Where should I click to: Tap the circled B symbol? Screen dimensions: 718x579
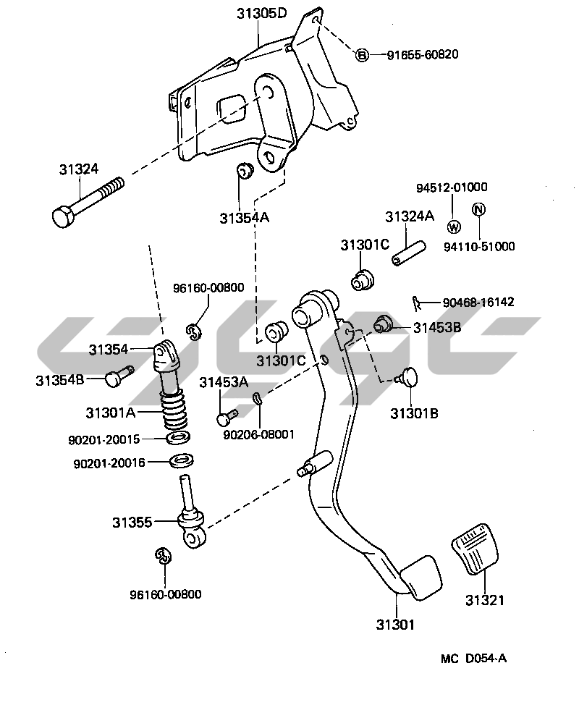click(361, 55)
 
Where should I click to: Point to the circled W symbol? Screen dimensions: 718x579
click(454, 227)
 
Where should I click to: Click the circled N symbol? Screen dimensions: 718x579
click(478, 209)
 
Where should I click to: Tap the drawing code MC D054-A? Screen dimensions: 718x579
click(473, 659)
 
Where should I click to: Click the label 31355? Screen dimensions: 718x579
click(132, 521)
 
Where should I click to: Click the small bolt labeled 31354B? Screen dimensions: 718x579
click(119, 376)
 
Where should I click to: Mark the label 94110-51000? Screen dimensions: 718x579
click(479, 246)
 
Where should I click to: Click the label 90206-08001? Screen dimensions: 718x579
click(258, 434)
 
